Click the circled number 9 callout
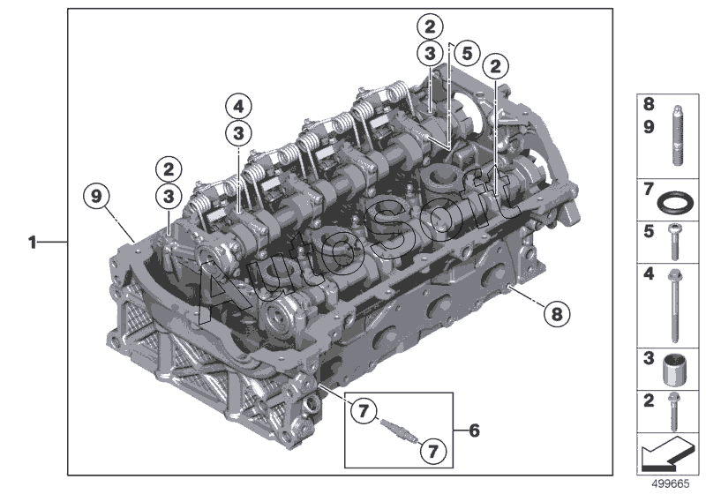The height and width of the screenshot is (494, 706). coord(96,197)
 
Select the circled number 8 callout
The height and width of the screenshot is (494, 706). coord(557,313)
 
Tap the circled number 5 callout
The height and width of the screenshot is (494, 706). coord(467,53)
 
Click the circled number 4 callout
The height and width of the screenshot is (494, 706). coord(238,107)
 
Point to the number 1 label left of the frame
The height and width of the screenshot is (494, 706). coord(32,243)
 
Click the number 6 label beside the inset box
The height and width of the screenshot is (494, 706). coord(474,430)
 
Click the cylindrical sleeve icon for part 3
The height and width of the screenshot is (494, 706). coord(674,370)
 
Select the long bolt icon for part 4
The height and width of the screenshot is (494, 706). coord(674,306)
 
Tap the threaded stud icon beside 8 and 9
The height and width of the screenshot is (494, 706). coord(677,135)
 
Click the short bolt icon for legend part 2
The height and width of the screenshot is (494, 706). coord(673,411)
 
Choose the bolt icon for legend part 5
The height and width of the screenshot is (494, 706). coord(674,242)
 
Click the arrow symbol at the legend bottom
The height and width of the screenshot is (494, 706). coord(667,453)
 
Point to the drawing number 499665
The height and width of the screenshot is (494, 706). coord(671,483)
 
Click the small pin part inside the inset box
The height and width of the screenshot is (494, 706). coord(398,430)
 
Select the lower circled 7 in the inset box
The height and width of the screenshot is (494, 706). coord(432,451)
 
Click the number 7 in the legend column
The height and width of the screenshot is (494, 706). coord(649,190)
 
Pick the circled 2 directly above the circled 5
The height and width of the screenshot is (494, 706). coord(430,26)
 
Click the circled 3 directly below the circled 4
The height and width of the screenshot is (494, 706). coord(238,133)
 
